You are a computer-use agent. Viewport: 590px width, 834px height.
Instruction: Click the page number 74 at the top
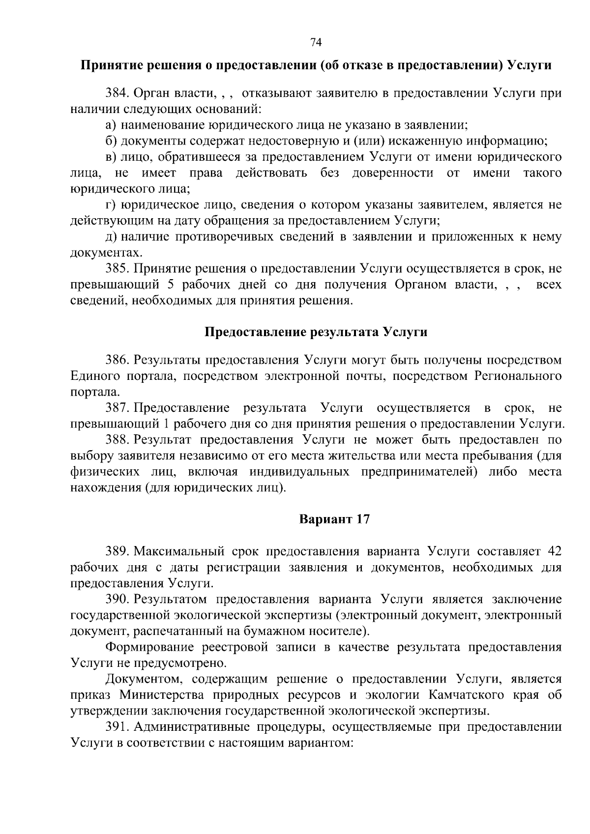point(316,43)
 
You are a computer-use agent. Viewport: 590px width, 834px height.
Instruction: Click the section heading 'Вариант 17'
point(334,519)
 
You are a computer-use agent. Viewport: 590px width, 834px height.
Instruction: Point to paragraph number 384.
point(118,93)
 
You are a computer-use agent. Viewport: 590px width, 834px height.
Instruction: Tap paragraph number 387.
point(118,408)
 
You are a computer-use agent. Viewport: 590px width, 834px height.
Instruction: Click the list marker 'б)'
point(112,142)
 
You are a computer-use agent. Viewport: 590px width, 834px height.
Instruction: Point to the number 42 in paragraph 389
point(554,551)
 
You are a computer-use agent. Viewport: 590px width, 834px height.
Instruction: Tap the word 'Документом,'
point(141,679)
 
